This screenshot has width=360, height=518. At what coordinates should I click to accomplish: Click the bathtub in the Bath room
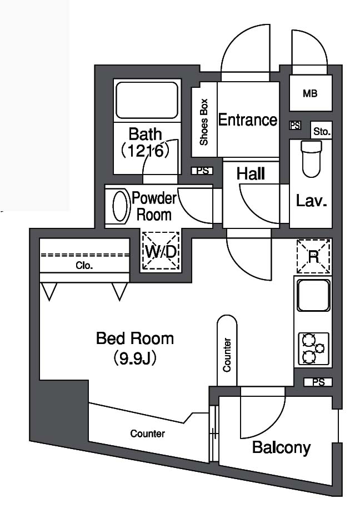pos(147,100)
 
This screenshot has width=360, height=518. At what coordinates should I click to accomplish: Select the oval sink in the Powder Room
pos(120,206)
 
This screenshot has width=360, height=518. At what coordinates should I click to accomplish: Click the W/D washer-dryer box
pos(161,252)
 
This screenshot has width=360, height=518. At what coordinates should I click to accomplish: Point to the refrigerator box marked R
pos(313,256)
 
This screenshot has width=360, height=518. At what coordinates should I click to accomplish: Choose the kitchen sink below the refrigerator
pos(313,295)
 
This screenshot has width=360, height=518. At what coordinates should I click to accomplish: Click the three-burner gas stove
pos(314,349)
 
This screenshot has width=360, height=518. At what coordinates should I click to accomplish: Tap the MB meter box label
pos(310,94)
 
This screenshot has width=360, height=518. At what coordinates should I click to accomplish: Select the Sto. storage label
pos(322,132)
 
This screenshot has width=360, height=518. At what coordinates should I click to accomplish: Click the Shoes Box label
pos(204,122)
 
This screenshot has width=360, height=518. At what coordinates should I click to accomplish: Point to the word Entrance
pos(248,119)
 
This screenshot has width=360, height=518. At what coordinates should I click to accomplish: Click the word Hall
pos(251,173)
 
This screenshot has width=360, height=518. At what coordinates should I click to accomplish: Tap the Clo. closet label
pos(84,266)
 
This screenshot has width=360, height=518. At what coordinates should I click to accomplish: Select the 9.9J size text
pos(135,358)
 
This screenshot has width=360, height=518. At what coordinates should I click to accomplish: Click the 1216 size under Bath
pos(146,151)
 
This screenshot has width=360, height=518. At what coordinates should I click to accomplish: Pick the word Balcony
pos(282,448)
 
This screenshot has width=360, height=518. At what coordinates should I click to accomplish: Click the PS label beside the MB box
pos(295,126)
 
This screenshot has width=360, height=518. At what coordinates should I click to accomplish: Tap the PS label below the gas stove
pos(318,382)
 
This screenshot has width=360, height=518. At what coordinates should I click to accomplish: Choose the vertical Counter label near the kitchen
pos(227,355)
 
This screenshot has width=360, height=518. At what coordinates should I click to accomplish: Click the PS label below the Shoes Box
pos(203,171)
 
